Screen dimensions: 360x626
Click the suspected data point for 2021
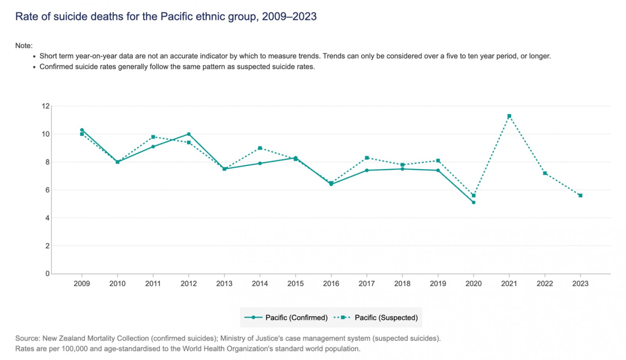tap(509, 116)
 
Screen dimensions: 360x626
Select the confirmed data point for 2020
tap(473, 202)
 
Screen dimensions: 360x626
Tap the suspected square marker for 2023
tap(580, 196)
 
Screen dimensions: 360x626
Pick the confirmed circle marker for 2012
tap(189, 134)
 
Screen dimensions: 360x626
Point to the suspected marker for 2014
tap(260, 148)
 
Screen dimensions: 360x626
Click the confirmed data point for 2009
tap(82, 130)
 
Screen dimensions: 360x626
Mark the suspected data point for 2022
tap(545, 173)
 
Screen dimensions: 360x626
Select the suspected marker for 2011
tap(153, 137)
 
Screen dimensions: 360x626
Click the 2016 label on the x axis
tap(331, 284)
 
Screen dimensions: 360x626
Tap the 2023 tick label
tap(580, 284)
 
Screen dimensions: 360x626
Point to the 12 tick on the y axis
tap(46, 106)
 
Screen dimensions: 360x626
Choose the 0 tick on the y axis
tap(48, 274)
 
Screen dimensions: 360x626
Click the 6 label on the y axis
tap(48, 190)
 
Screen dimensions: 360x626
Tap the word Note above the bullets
tap(23, 46)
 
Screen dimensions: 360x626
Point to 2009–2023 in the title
tap(289, 16)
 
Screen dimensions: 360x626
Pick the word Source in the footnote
tap(27, 338)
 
